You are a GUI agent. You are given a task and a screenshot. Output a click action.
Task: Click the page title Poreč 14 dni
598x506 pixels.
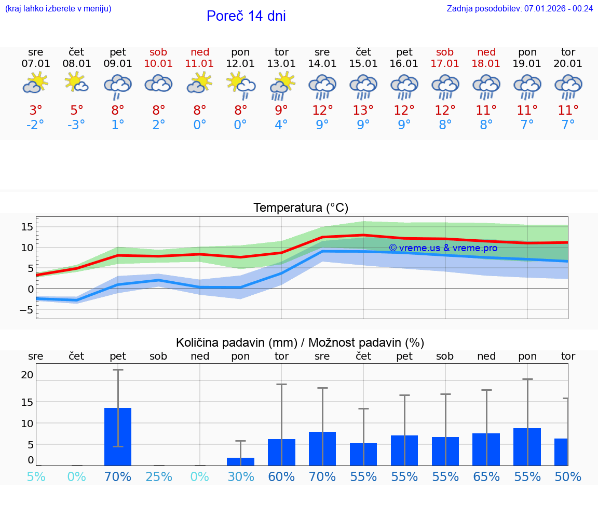246,16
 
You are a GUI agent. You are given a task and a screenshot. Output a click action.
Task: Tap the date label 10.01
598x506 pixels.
158,63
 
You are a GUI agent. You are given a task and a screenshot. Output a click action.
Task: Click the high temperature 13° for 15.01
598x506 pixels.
363,110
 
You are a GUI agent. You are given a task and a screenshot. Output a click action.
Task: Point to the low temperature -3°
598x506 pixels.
76,125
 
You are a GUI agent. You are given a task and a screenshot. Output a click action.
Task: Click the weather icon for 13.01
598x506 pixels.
281,85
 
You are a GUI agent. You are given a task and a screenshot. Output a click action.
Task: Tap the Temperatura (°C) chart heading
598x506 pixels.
301,208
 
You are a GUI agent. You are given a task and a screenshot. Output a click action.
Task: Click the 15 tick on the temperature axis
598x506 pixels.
27,227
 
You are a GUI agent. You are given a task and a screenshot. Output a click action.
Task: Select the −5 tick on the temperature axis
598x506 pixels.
27,310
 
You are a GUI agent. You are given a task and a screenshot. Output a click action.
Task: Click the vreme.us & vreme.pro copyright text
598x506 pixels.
443,248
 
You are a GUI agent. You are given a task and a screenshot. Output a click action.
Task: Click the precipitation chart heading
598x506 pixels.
300,343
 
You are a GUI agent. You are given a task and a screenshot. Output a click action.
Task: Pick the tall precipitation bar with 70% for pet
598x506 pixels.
118,436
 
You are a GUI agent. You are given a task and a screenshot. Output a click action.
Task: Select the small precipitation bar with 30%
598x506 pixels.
240,461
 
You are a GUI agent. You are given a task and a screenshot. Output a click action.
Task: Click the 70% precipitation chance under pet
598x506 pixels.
118,476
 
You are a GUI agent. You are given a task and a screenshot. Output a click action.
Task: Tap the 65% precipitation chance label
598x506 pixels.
486,476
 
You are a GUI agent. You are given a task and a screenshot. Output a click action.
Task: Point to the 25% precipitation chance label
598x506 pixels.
158,476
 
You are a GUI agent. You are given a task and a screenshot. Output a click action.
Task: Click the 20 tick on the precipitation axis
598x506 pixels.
27,375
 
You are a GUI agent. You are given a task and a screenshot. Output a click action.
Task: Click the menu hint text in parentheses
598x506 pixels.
58,8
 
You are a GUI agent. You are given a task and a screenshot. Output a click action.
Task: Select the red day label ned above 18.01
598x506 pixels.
486,52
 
